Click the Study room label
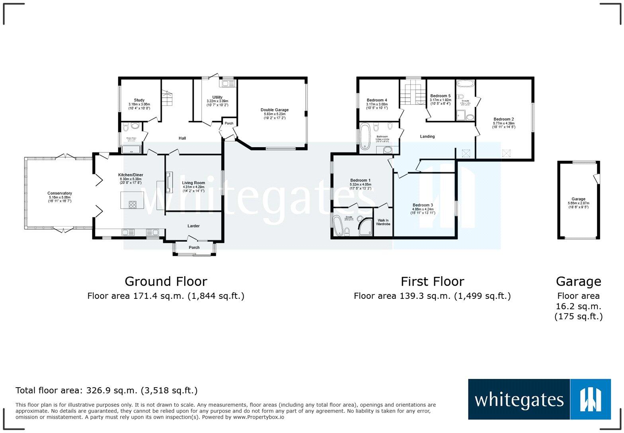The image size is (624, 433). coord(139,100)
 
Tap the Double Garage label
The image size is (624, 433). coord(275,110)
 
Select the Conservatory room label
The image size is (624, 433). coord(60,193)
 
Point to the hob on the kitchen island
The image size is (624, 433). coord(133,205)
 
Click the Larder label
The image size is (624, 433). coord(193,226)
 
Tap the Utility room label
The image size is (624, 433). coord(217,98)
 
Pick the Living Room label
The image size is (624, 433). coord(194,183)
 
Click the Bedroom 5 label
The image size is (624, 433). coord(440,96)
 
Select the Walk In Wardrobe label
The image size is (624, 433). coord(383,222)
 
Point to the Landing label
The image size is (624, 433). coord(427,137)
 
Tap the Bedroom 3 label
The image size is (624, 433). coord(423,205)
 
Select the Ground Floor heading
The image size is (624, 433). coord(166,281)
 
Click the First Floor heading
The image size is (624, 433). coord(432,281)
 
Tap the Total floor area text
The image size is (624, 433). coord(106,390)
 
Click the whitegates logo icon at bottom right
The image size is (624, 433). coord(591,399)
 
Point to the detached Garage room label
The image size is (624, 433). coord(578,199)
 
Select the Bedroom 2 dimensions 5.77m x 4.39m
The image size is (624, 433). coord(503,123)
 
